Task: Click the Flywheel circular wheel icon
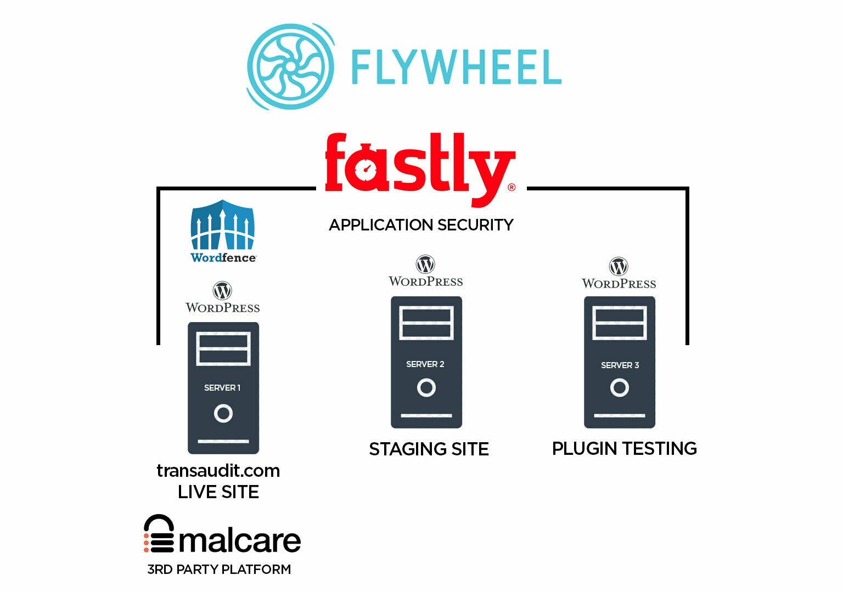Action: click(x=290, y=66)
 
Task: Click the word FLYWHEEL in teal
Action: click(x=456, y=67)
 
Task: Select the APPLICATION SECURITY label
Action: click(x=421, y=225)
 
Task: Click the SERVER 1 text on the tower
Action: click(x=222, y=388)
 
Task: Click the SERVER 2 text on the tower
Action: click(x=425, y=364)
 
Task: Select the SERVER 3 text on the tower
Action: click(x=620, y=365)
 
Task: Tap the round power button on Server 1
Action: click(x=223, y=413)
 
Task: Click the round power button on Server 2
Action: click(x=426, y=388)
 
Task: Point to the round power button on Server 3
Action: click(x=619, y=388)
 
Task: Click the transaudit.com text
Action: click(x=218, y=471)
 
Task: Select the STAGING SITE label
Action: click(x=429, y=449)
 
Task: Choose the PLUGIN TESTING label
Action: click(x=624, y=449)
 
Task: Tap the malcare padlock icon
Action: click(x=159, y=534)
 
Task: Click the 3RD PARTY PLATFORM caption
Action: click(x=219, y=570)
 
